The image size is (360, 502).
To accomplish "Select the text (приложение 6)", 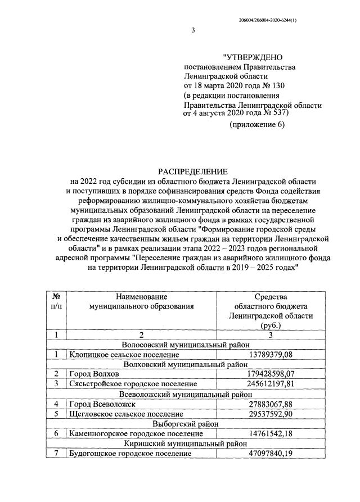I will point(255,124).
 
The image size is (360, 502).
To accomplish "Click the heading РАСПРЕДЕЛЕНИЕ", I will point(192,171).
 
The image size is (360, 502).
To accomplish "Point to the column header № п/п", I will point(56,301).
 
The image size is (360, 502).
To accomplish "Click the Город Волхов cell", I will point(93,374).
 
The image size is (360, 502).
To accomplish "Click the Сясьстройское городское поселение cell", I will point(132,384).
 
